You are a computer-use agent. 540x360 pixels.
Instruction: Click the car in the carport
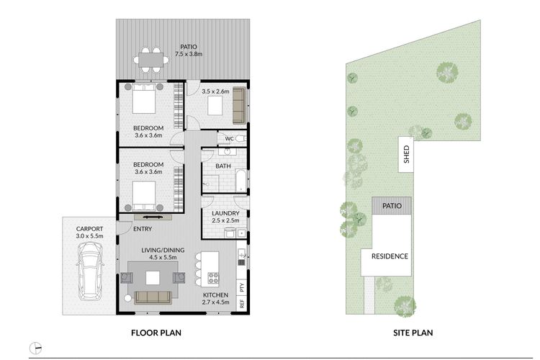tap(89, 271)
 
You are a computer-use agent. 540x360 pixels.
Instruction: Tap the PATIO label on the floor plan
tap(189, 47)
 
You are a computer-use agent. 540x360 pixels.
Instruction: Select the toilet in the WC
tap(241, 139)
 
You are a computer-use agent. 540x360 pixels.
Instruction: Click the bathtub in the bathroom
tap(240, 181)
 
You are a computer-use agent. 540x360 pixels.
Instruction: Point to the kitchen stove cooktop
tap(213, 278)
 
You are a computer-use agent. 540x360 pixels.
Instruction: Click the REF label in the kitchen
tap(242, 304)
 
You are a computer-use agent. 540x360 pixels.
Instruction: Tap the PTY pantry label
tap(242, 288)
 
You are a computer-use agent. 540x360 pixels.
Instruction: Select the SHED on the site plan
tap(406, 154)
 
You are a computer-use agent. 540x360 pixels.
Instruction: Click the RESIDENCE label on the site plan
tap(390, 256)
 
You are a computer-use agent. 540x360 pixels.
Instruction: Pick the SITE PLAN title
tap(413, 333)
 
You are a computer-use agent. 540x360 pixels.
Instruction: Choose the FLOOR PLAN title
tap(156, 333)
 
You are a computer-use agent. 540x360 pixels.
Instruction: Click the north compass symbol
tap(35, 348)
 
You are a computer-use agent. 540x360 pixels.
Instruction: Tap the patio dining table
tap(151, 60)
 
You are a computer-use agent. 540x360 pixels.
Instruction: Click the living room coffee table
tap(153, 278)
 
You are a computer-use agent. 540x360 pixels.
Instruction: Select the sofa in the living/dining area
tap(153, 297)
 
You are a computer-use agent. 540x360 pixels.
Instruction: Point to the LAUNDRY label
tap(225, 213)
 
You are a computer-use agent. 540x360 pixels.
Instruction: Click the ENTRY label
tap(143, 229)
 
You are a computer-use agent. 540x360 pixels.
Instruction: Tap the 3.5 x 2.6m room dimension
tap(215, 91)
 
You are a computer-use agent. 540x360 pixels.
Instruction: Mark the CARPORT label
tap(89, 229)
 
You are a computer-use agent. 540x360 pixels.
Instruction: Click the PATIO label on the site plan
tap(392, 206)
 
